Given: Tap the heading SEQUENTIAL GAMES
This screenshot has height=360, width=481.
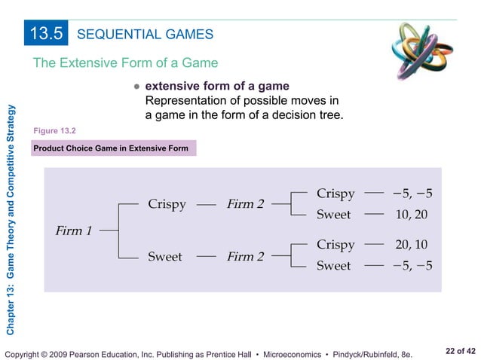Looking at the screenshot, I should [146, 34].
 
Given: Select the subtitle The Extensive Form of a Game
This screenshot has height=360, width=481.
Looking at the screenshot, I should [125, 63].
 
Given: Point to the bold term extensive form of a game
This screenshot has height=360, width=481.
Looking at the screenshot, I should [216, 87].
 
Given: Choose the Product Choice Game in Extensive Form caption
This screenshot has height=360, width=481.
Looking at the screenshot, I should [111, 148].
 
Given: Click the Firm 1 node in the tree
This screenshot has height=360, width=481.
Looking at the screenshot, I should [74, 230].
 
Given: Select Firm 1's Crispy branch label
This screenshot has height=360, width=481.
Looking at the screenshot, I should [167, 205].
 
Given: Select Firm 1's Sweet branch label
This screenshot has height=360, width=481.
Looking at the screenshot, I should [164, 257].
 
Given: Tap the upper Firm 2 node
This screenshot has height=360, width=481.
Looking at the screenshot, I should [245, 205].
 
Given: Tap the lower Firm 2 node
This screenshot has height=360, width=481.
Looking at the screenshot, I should [245, 257].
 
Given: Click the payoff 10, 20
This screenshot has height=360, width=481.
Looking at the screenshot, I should [411, 215].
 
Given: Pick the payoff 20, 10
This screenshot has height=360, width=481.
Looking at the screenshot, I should [411, 245].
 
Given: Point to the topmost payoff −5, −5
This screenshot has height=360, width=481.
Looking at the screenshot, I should [412, 194].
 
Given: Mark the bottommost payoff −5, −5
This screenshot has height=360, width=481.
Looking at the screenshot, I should [412, 266].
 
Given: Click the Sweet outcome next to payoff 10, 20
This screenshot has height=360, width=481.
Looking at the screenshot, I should [333, 215].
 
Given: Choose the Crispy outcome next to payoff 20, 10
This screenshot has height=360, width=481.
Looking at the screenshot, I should [335, 245].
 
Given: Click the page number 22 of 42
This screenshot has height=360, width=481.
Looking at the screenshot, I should [461, 351].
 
